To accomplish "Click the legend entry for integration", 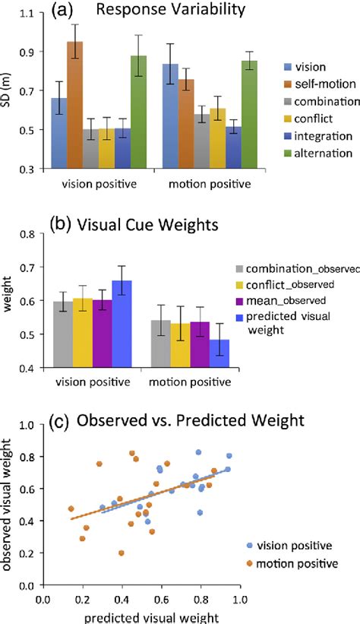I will point(307,136).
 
